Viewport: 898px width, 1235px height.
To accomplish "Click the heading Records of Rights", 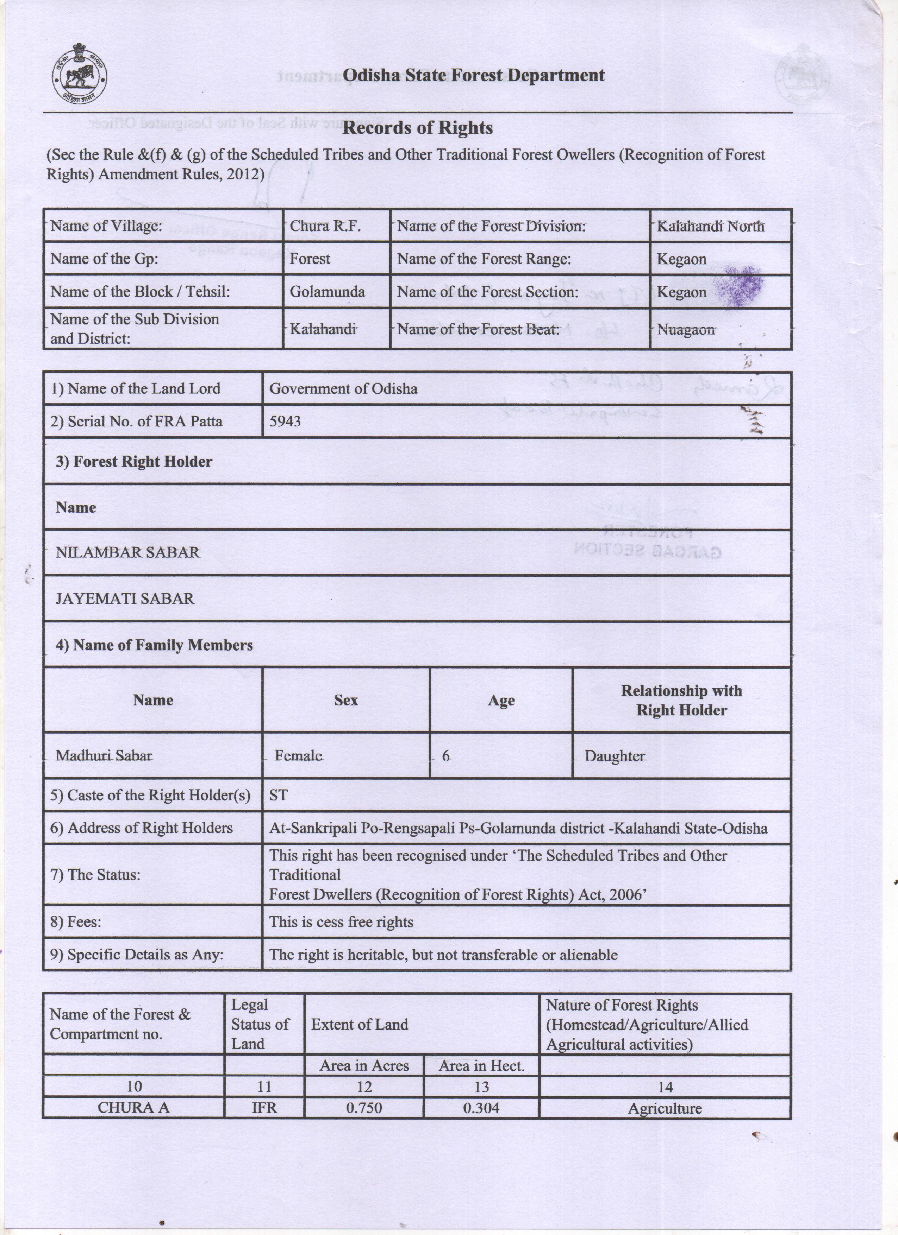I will pyautogui.click(x=417, y=128).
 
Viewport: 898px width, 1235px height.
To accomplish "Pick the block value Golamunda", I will pyautogui.click(x=327, y=292).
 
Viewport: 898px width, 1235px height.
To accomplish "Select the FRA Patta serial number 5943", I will pyautogui.click(x=285, y=421).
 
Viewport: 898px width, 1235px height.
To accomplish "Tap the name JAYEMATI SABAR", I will pyautogui.click(x=125, y=598).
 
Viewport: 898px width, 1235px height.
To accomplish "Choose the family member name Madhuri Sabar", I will pyautogui.click(x=104, y=756).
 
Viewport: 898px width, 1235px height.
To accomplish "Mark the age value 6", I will pyautogui.click(x=446, y=756).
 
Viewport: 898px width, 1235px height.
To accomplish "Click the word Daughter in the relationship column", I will pyautogui.click(x=615, y=756).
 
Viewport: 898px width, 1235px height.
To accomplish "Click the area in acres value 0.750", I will pyautogui.click(x=364, y=1108).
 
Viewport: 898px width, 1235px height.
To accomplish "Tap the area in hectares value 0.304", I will pyautogui.click(x=481, y=1108).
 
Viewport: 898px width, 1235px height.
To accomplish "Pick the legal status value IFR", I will pyautogui.click(x=264, y=1108).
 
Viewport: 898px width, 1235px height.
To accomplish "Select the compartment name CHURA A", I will pyautogui.click(x=133, y=1108).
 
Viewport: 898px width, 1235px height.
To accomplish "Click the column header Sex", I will pyautogui.click(x=346, y=700).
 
